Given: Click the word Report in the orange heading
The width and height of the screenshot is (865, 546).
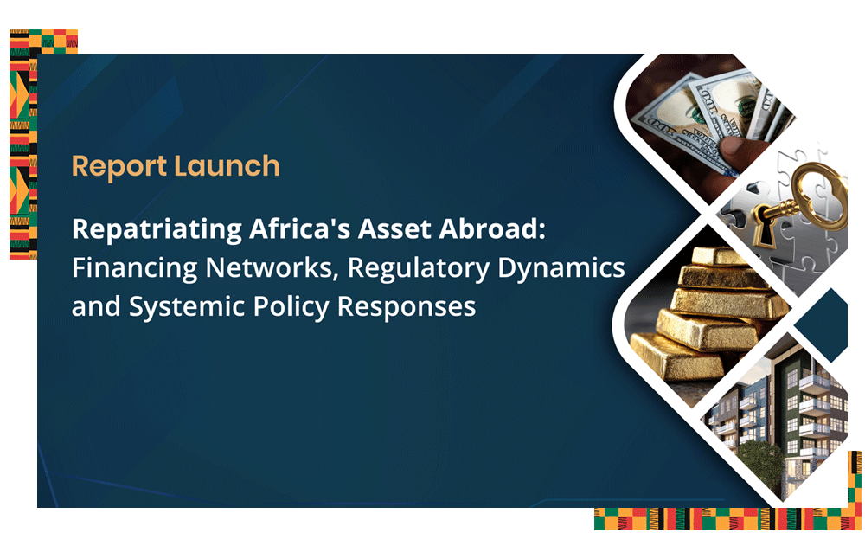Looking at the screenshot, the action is coord(119,167).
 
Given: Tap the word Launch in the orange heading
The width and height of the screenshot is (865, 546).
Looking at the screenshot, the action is coord(227,165).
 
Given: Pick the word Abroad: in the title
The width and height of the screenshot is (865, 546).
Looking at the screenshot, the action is coord(492,228).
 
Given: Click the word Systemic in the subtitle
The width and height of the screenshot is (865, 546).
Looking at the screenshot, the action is coord(187,307).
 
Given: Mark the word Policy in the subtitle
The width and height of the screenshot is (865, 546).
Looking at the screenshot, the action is coord(291,307).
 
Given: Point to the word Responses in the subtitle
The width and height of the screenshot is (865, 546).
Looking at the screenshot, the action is coord(406,307).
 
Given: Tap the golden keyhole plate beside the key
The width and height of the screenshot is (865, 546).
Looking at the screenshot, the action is coord(763,227).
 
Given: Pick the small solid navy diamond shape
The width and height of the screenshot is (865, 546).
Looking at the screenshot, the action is coord(823,324).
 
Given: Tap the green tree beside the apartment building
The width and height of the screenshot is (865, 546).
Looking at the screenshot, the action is coord(762,465).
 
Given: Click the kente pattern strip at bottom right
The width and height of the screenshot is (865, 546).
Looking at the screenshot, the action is coord(727,519).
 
